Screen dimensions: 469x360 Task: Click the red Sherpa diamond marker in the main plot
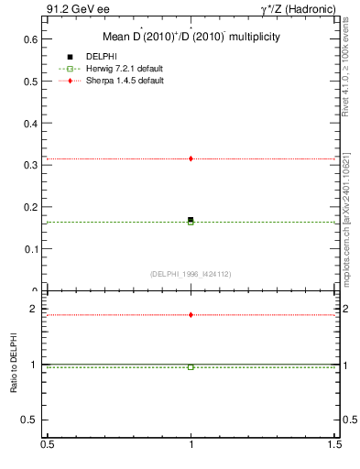pos(191,158)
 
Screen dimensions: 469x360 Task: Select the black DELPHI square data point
pos(191,220)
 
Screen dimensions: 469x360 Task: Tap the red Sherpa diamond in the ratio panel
pos(191,315)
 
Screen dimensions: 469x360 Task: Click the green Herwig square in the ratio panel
pos(191,366)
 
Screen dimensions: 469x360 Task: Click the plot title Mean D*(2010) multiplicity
pos(191,38)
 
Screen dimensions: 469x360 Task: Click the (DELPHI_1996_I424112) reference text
pos(190,274)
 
